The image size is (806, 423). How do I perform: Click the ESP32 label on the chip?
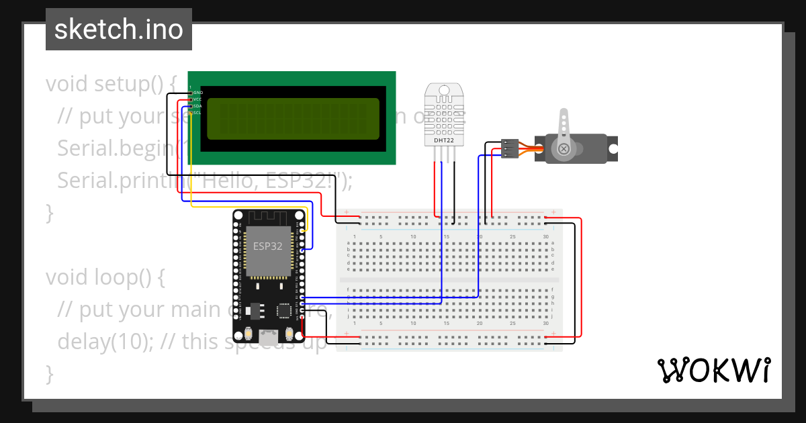tap(267, 246)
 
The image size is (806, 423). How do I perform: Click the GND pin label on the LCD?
tap(198, 93)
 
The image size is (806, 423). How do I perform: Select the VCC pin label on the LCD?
tap(197, 99)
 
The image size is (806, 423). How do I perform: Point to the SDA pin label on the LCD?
tap(197, 106)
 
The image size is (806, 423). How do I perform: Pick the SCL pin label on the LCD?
tap(197, 113)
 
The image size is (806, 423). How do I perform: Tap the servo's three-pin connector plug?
tap(510, 148)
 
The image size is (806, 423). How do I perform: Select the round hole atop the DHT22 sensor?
tap(443, 90)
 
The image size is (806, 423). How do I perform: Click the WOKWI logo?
tap(713, 370)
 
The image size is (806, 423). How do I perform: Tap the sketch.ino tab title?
tap(119, 30)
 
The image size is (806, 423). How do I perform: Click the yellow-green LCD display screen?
tap(293, 118)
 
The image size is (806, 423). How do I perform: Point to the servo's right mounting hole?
tap(612, 148)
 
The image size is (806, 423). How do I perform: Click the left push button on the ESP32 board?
tap(249, 333)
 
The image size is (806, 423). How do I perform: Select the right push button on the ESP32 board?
tap(290, 333)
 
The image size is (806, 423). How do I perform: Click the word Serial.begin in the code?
tap(114, 148)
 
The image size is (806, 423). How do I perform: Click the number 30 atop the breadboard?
tap(546, 237)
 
